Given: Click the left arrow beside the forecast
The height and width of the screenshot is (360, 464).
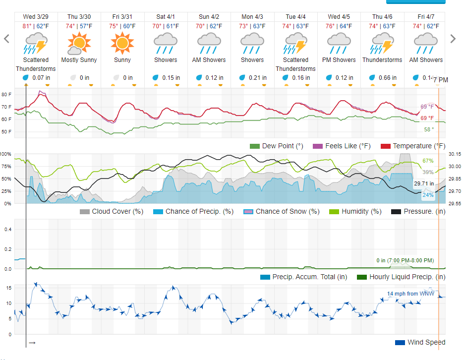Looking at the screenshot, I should (7, 39).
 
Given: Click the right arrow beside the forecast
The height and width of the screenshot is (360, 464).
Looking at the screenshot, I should (452, 39).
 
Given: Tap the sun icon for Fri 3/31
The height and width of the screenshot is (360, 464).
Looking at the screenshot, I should (122, 43).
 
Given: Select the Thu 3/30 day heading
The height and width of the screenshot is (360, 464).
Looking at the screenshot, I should (79, 17).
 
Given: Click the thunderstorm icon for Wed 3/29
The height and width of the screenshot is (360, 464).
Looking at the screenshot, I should (36, 43).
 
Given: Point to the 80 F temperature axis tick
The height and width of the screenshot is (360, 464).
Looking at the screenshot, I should (6, 94).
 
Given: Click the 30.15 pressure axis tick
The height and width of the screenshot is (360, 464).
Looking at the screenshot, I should (455, 154).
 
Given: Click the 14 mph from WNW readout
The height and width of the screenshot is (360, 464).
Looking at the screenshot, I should (406, 294).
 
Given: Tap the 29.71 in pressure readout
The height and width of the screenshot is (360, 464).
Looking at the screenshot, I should (424, 183).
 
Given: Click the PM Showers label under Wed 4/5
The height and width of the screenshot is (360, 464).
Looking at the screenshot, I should (339, 60).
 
